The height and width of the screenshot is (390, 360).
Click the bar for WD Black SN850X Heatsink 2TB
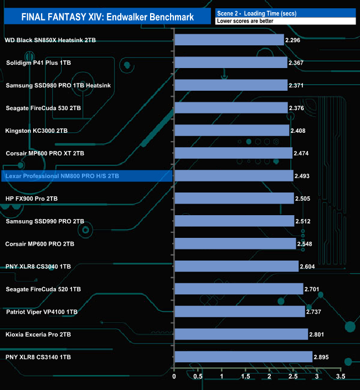[229, 40]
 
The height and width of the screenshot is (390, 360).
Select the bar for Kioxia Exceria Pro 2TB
[241, 334]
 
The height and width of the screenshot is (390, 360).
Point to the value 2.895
[322, 357]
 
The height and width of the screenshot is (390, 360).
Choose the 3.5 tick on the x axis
[341, 377]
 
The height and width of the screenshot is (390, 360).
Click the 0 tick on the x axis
[174, 377]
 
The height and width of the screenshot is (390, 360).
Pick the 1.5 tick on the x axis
[245, 377]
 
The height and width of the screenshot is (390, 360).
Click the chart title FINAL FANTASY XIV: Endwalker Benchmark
[107, 17]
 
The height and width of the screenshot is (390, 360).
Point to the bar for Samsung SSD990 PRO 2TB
[234, 221]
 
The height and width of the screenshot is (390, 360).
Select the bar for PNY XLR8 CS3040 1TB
[236, 266]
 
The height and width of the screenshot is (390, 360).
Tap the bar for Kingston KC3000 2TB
[232, 131]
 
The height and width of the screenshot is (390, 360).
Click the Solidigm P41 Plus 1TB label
[38, 63]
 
